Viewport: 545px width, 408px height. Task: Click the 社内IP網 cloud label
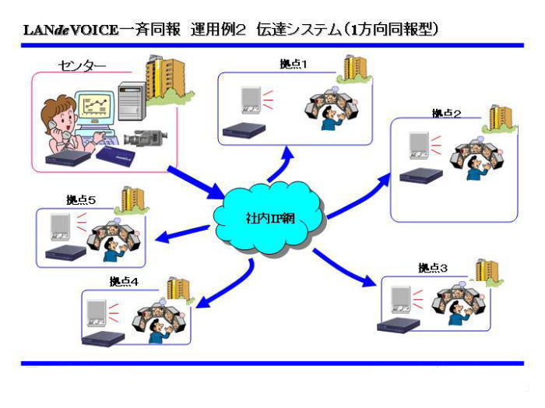(x=270, y=218)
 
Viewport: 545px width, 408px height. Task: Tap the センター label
(x=81, y=65)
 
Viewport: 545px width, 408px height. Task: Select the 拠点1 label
(x=294, y=64)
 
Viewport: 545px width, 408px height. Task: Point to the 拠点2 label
(x=446, y=114)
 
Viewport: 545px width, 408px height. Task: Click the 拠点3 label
(x=433, y=268)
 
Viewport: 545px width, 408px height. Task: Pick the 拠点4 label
(x=124, y=281)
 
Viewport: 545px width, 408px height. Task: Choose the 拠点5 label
(x=81, y=200)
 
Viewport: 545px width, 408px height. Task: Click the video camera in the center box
(x=146, y=137)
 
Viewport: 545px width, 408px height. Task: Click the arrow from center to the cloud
(x=196, y=183)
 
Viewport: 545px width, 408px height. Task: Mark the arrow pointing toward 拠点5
(x=181, y=234)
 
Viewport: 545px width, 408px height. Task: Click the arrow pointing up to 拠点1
(x=280, y=165)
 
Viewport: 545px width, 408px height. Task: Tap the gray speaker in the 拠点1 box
(x=251, y=100)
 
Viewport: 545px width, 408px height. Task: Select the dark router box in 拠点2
(x=421, y=176)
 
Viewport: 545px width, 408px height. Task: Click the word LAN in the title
(x=38, y=30)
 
